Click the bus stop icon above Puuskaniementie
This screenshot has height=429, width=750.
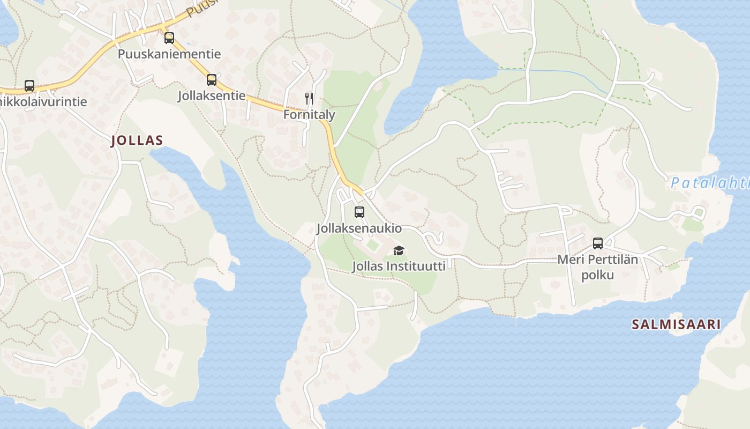tap(169, 38)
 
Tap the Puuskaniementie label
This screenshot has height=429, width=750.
tap(169, 54)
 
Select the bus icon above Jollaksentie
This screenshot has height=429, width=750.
tap(212, 80)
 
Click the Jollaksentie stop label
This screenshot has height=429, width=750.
tap(212, 96)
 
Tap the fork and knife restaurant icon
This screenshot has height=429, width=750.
tap(309, 98)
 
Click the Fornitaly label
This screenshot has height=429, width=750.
tap(309, 115)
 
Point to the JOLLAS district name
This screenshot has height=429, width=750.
tap(137, 141)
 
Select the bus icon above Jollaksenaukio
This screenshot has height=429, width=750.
tap(359, 212)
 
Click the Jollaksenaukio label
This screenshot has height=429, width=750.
tap(359, 228)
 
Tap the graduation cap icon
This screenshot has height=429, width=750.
tap(399, 250)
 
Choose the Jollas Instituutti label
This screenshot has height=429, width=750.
tap(399, 266)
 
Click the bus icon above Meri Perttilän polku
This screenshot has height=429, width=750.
tap(598, 243)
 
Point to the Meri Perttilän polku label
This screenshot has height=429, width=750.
tap(598, 268)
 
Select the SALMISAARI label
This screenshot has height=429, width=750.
tap(676, 324)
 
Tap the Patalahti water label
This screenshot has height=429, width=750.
tap(709, 183)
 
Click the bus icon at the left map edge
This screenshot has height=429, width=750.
tap(29, 86)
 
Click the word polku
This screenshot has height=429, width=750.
tap(598, 276)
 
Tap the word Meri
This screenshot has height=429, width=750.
tap(569, 260)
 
